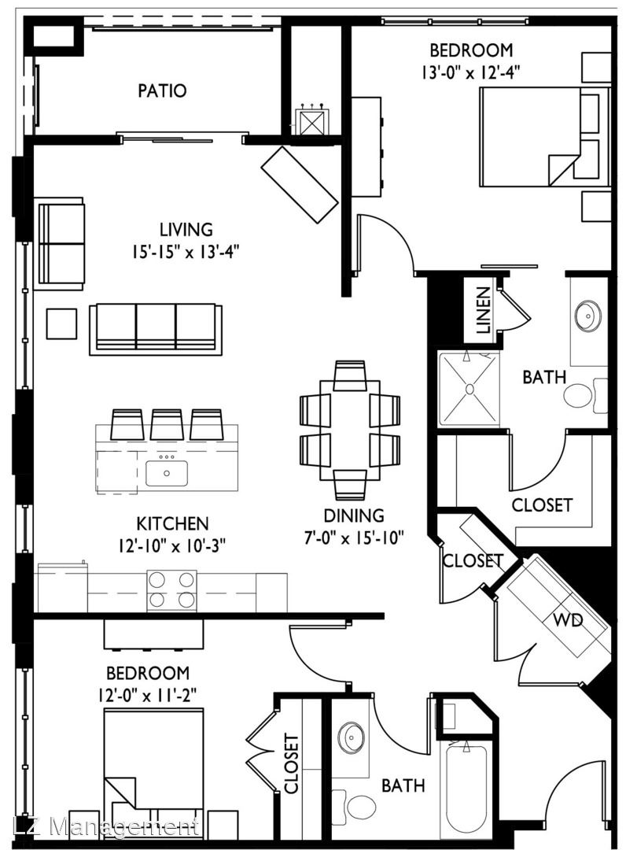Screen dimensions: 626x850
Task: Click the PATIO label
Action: [x=162, y=91]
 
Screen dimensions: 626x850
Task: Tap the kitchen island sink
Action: [x=167, y=473]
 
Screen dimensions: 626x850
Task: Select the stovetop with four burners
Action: [x=171, y=590]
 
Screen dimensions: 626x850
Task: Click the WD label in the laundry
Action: [x=568, y=619]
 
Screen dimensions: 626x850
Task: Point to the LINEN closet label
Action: [x=483, y=310]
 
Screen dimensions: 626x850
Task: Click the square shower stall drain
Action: [x=469, y=389]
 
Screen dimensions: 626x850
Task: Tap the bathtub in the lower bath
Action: [x=467, y=791]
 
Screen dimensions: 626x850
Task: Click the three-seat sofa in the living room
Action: [x=156, y=329]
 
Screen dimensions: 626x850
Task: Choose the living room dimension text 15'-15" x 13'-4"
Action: [x=186, y=252]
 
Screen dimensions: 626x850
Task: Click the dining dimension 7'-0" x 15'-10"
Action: [x=354, y=538]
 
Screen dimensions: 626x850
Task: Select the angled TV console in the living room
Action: [x=300, y=184]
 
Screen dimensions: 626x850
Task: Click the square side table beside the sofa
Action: [x=61, y=323]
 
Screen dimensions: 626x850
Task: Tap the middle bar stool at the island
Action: [x=167, y=424]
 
